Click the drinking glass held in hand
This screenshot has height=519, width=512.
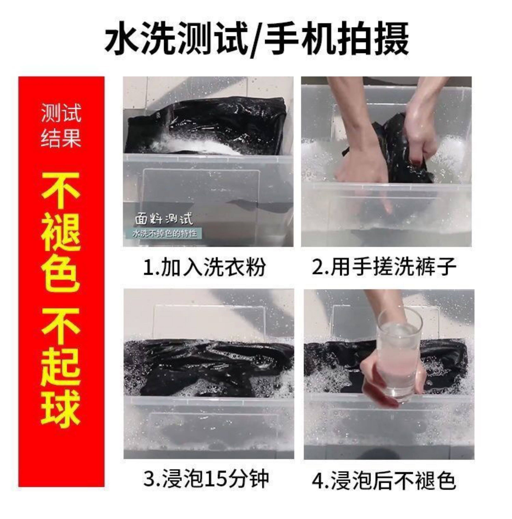(x=400, y=355)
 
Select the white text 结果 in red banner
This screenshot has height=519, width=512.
(x=61, y=138)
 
